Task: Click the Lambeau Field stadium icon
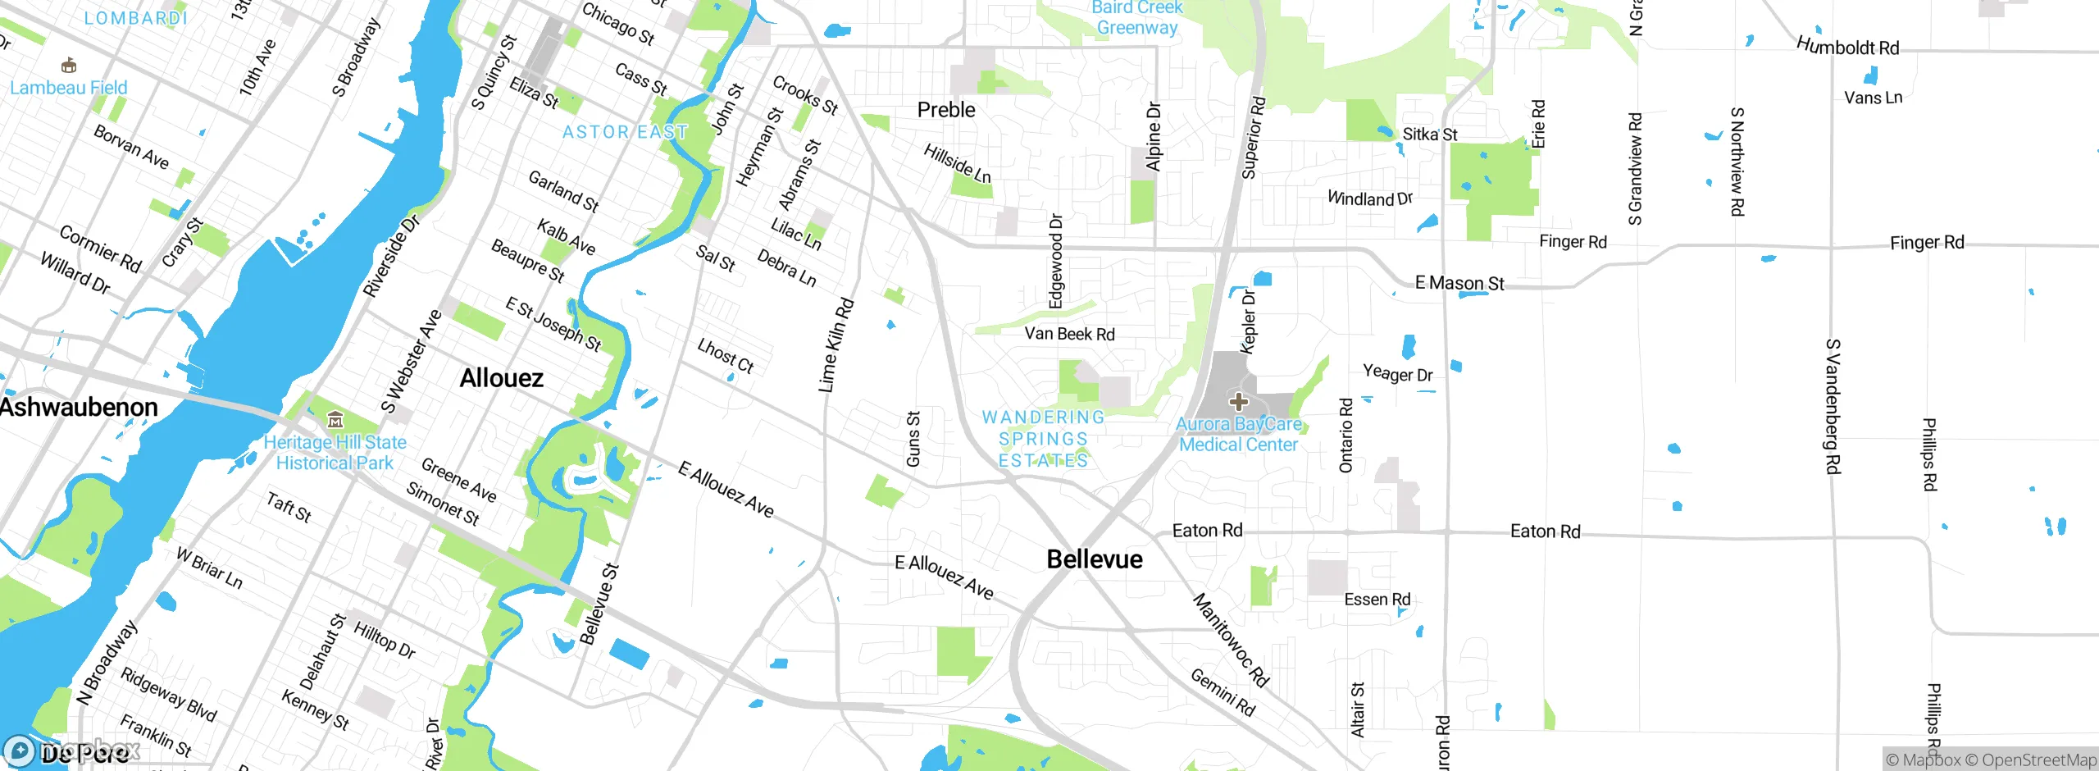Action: coord(69,66)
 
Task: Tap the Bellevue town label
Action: coord(1095,559)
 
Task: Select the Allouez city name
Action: coord(501,378)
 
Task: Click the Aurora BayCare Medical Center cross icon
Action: coord(1239,402)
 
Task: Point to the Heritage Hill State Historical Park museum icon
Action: coord(335,421)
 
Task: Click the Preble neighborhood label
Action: coord(946,110)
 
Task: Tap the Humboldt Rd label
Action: coord(1847,47)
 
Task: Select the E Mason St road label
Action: coord(1459,283)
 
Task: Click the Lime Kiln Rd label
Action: coord(836,344)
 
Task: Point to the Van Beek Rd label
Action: coord(1069,334)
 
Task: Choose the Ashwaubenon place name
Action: coord(79,407)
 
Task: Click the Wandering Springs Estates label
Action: coord(1043,440)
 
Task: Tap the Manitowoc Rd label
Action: coord(1230,640)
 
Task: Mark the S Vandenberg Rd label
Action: coord(1833,406)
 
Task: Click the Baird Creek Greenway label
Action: coord(1137,18)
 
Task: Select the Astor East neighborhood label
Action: coord(625,132)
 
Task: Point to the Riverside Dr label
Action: coord(392,255)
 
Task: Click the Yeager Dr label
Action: coord(1397,374)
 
